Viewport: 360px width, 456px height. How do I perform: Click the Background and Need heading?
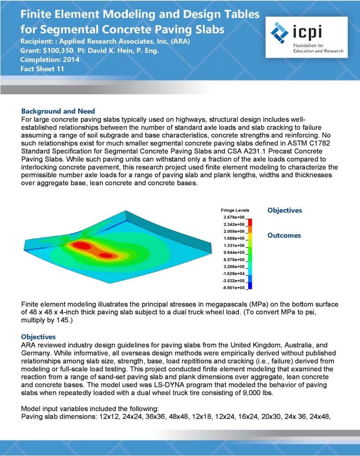point(58,111)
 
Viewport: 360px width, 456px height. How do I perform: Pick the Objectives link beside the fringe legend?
point(284,210)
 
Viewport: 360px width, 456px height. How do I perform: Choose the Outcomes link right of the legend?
point(284,235)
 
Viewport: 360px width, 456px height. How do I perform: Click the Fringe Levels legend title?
point(235,210)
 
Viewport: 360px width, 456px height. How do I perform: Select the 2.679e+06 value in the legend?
point(233,217)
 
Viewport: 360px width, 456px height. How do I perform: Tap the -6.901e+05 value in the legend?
point(233,288)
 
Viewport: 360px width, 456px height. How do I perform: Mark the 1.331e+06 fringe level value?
point(233,245)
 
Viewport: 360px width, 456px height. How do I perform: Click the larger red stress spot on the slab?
point(81,245)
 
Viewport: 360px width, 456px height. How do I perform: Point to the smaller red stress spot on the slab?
point(106,255)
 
